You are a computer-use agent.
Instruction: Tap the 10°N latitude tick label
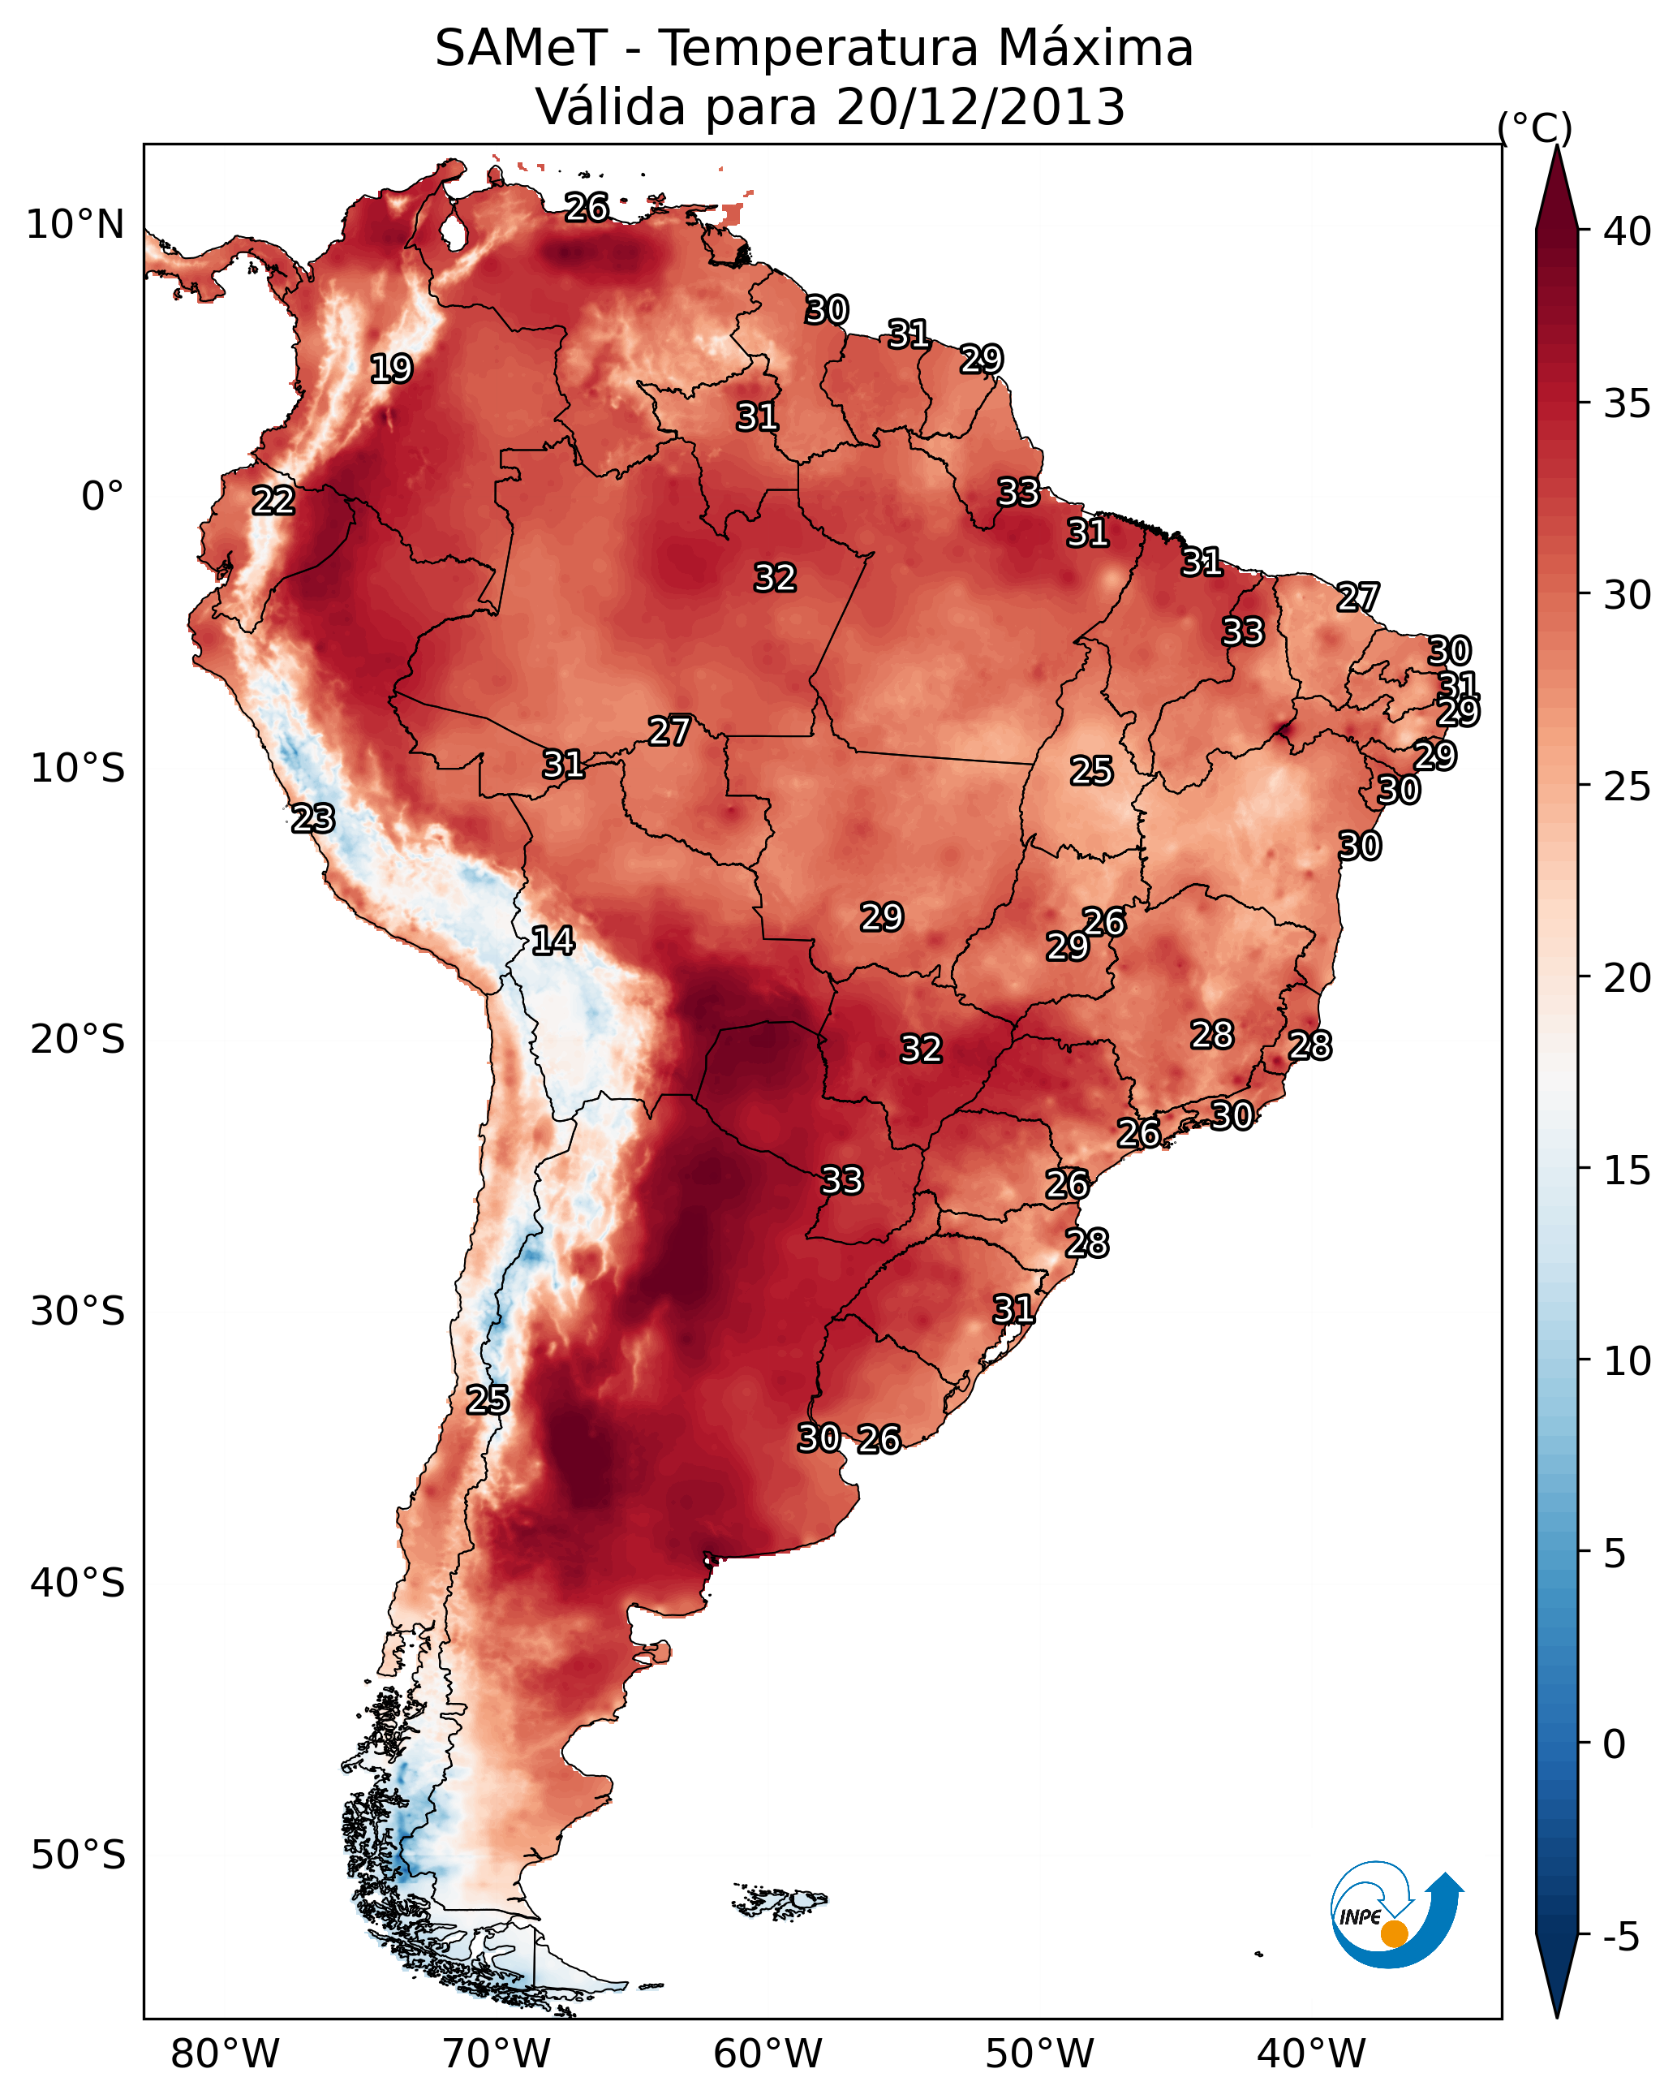tap(75, 225)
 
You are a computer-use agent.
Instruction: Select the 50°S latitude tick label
tap(78, 1855)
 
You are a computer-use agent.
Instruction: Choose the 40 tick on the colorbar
tap(1627, 231)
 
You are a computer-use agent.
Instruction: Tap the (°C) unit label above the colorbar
tap(1535, 127)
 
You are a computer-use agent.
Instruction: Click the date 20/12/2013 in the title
tap(980, 107)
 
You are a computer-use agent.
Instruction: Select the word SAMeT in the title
tap(521, 49)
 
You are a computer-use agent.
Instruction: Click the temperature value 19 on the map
tap(391, 369)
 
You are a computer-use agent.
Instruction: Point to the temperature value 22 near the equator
tap(273, 501)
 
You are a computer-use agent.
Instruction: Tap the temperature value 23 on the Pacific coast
tap(313, 819)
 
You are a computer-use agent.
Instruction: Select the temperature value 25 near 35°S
tap(487, 1400)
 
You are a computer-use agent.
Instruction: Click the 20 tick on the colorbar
tap(1627, 977)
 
